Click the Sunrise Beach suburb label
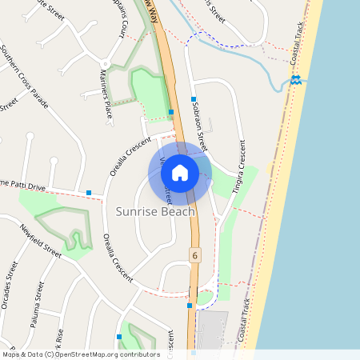coord(155,212)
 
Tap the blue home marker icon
coord(180,172)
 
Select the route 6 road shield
coord(194,254)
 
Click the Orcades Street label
coord(10,281)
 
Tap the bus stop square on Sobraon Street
coord(194,100)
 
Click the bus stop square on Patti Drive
coord(89,192)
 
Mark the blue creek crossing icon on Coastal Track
coord(295,80)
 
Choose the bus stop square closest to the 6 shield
coord(190,305)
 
